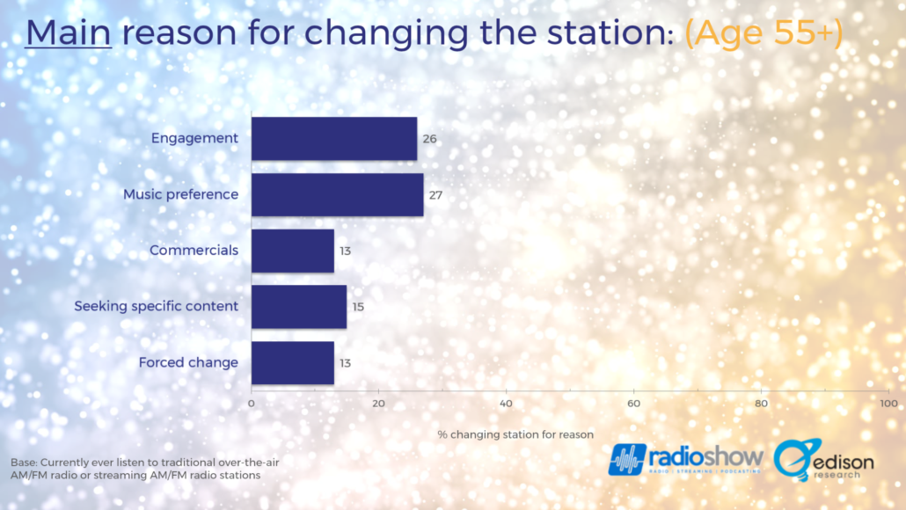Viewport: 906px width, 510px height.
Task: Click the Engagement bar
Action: click(x=334, y=139)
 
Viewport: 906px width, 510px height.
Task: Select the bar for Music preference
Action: click(x=338, y=194)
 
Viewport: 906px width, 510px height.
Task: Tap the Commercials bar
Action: click(x=292, y=251)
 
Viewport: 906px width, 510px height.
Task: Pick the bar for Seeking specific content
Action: click(x=299, y=307)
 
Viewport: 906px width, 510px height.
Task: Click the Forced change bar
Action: click(x=292, y=363)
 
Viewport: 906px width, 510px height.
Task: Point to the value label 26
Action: click(x=429, y=139)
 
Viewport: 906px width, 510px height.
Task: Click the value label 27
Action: click(x=435, y=195)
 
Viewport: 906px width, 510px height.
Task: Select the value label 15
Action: click(x=358, y=307)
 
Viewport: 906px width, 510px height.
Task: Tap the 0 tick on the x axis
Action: click(x=252, y=403)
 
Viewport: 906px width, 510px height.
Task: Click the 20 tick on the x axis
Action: click(x=378, y=403)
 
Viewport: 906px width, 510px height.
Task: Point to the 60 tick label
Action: click(x=634, y=403)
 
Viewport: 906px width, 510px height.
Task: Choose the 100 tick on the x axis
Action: click(x=888, y=403)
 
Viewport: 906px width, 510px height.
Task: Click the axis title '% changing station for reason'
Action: click(x=515, y=434)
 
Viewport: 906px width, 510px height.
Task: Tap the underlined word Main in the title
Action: click(x=69, y=33)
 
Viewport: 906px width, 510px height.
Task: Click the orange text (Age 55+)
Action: click(x=764, y=33)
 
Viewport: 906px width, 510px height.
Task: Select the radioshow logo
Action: click(x=685, y=460)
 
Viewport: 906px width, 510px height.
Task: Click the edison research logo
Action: click(x=824, y=461)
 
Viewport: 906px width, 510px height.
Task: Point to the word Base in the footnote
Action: click(x=24, y=463)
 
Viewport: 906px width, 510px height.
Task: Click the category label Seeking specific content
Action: click(x=156, y=306)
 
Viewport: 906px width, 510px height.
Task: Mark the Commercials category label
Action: click(x=194, y=250)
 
